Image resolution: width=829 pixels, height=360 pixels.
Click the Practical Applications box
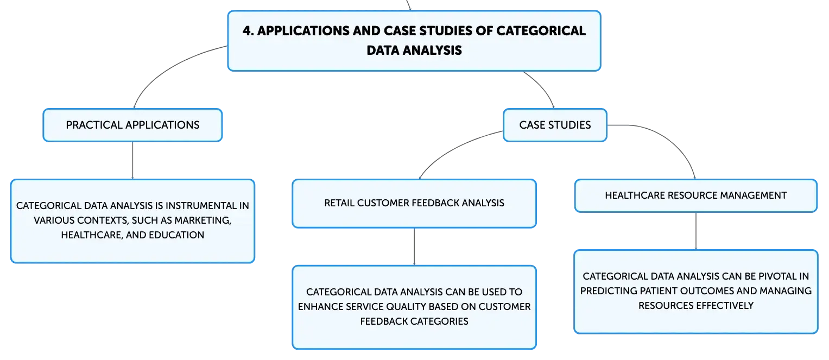pos(132,125)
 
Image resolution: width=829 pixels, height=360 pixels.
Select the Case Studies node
pos(555,125)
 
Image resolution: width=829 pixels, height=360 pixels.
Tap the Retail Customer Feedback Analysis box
pos(414,204)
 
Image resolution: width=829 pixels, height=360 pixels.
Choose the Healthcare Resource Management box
pos(696,195)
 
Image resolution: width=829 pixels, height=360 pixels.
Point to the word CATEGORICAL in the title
pos(541,31)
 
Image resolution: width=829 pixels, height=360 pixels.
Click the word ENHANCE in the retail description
pos(320,307)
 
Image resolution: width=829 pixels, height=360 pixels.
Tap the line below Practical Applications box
pos(132,161)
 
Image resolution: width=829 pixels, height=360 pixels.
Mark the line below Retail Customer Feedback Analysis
pos(414,247)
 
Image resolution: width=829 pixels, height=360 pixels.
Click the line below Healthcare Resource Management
pos(696,231)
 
